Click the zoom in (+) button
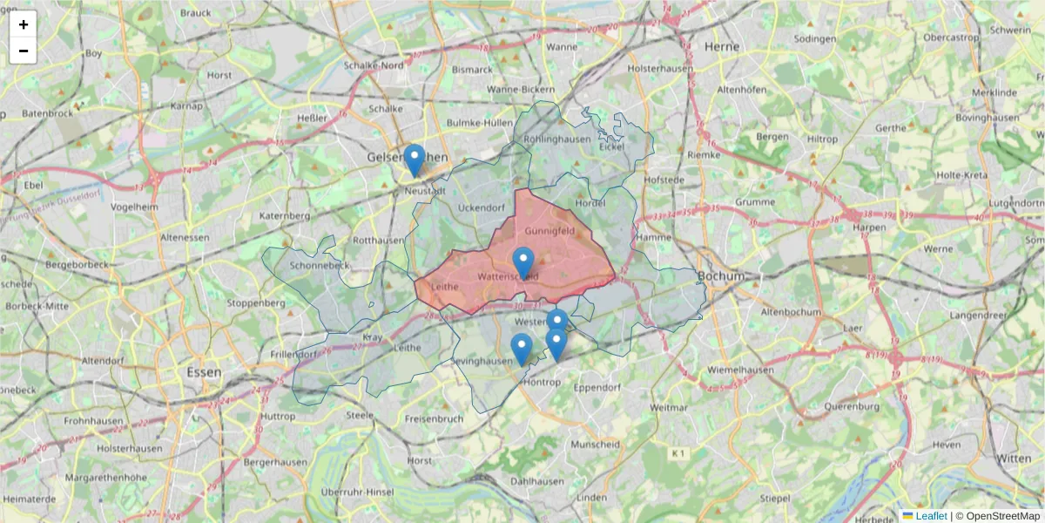pos(24,24)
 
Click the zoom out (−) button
pos(24,51)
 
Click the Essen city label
pos(203,372)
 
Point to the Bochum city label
pos(722,276)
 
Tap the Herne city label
pos(722,46)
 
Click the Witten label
pos(1014,458)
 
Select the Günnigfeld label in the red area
pos(549,231)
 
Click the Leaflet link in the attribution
pos(931,516)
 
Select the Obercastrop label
pos(951,37)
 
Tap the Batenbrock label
pos(47,113)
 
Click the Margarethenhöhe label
pos(106,478)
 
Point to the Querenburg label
pos(849,406)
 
